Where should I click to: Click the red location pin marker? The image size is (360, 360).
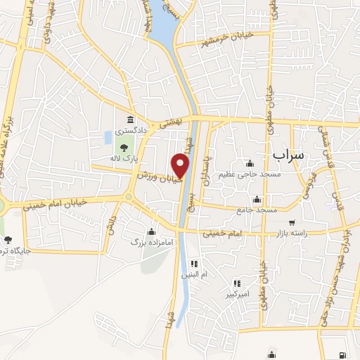[x=181, y=167]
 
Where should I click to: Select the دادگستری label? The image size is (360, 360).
[x=131, y=131]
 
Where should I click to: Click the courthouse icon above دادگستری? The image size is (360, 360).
[x=131, y=119]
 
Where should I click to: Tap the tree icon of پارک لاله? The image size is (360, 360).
[x=124, y=148]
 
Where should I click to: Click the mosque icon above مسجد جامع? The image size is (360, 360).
[x=257, y=199]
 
